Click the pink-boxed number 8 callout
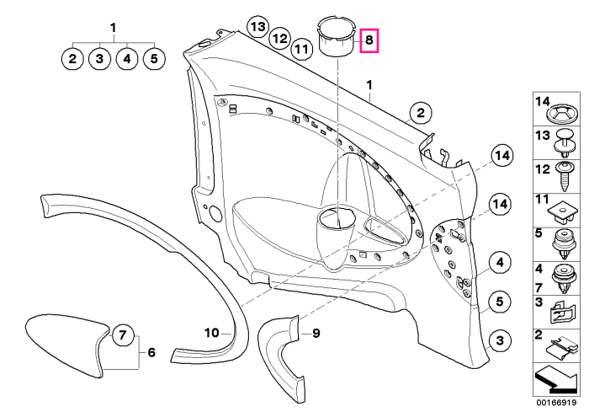(x=369, y=40)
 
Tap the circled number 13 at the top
(x=258, y=27)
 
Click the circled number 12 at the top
(x=280, y=38)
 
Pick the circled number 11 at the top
(x=301, y=49)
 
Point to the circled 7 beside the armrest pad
(x=123, y=334)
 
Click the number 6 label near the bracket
(x=151, y=352)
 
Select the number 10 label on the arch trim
(x=211, y=333)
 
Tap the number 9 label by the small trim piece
(x=316, y=333)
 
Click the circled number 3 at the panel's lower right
(x=500, y=341)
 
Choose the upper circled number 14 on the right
(x=502, y=155)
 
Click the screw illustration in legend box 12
(x=564, y=175)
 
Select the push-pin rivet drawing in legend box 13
(x=565, y=143)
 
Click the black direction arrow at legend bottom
(x=555, y=380)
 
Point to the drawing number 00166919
(x=556, y=403)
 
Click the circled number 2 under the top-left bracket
(x=72, y=59)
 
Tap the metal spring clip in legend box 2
(x=561, y=348)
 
